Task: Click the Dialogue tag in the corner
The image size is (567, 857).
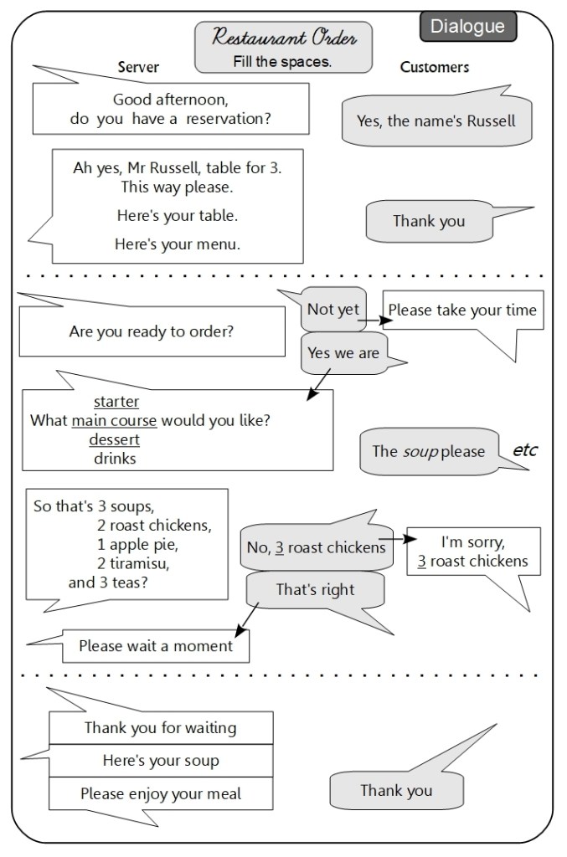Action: [467, 27]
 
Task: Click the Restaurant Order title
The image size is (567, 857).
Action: [283, 38]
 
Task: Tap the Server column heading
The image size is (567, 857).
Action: [138, 67]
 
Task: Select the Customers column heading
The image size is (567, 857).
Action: [434, 67]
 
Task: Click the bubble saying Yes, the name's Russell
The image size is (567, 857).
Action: [436, 121]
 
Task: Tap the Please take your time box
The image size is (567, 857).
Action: [462, 310]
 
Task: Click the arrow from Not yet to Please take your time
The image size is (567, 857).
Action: [374, 320]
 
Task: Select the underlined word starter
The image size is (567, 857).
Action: [116, 403]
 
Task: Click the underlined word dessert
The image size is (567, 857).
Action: [115, 439]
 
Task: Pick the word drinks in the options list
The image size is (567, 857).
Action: [115, 458]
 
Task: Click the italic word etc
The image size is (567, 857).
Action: [524, 450]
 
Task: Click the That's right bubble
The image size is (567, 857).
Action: [315, 590]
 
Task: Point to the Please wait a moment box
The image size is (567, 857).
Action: [156, 645]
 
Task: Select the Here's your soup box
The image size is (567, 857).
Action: [161, 761]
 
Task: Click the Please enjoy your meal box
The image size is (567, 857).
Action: [161, 793]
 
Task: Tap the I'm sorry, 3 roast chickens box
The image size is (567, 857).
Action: [473, 551]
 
